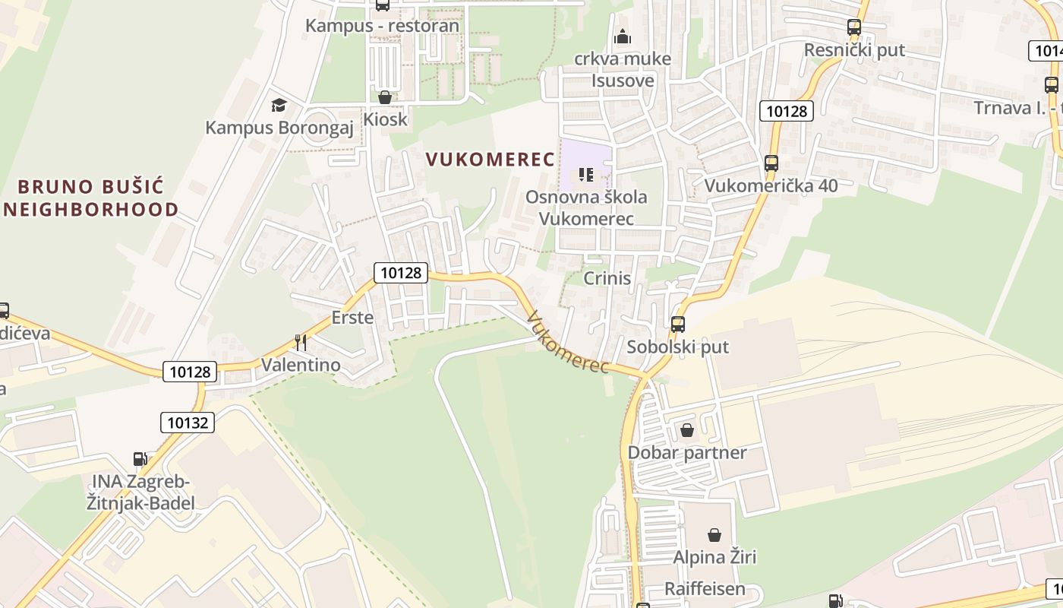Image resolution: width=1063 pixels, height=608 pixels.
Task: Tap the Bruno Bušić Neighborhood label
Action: [x=91, y=198]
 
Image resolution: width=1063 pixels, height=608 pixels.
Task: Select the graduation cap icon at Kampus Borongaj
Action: [x=279, y=105]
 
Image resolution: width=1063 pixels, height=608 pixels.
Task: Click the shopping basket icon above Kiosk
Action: [x=385, y=97]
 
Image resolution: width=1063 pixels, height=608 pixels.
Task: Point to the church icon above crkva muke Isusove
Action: [x=623, y=36]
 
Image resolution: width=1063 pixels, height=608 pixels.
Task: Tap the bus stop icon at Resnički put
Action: [x=854, y=27]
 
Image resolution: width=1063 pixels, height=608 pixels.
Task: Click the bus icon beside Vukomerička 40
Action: [x=771, y=163]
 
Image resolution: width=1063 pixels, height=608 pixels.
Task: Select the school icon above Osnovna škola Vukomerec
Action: [x=585, y=175]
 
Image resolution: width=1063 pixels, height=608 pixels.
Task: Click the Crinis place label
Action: [x=607, y=278]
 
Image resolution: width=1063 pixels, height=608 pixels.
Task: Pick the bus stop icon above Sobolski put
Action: [x=678, y=325]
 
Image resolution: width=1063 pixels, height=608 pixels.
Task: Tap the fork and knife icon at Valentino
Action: [x=301, y=343]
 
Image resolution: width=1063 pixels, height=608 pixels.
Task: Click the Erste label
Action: [x=352, y=317]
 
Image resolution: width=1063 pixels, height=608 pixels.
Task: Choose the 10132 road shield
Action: [x=188, y=423]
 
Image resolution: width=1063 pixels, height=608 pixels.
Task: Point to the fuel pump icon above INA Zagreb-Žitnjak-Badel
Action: [x=140, y=458]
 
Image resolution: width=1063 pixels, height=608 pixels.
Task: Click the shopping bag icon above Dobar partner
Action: [x=687, y=430]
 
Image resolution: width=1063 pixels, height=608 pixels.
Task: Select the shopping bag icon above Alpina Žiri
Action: [x=714, y=535]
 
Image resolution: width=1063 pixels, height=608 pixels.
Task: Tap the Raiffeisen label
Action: [x=705, y=589]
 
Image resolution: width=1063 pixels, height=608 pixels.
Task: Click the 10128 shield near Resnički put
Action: [x=786, y=111]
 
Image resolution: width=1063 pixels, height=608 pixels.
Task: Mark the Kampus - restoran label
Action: [x=382, y=26]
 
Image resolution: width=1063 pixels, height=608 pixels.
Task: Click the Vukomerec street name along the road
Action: [x=568, y=343]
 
